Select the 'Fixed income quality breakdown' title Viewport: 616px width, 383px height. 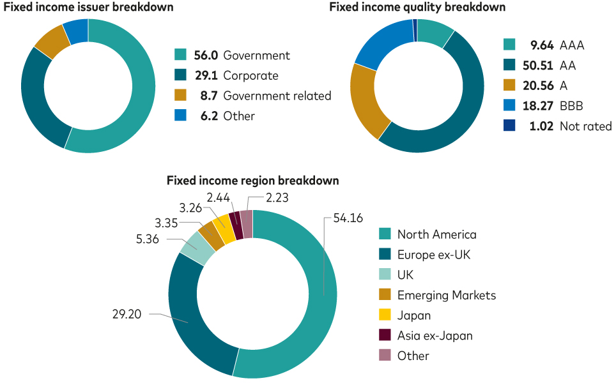[x=417, y=7]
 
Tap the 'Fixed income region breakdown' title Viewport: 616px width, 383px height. [x=252, y=181]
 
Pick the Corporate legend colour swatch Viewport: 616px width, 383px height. [x=180, y=75]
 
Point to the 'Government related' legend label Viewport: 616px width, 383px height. [x=277, y=96]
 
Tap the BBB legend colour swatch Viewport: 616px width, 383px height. [x=509, y=105]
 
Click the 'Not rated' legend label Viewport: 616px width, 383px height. [x=585, y=126]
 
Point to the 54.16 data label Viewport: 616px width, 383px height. [x=348, y=218]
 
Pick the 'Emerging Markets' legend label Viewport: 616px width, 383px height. [x=446, y=295]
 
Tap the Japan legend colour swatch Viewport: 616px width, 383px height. [x=385, y=315]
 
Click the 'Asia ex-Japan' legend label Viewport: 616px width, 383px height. [x=435, y=336]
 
